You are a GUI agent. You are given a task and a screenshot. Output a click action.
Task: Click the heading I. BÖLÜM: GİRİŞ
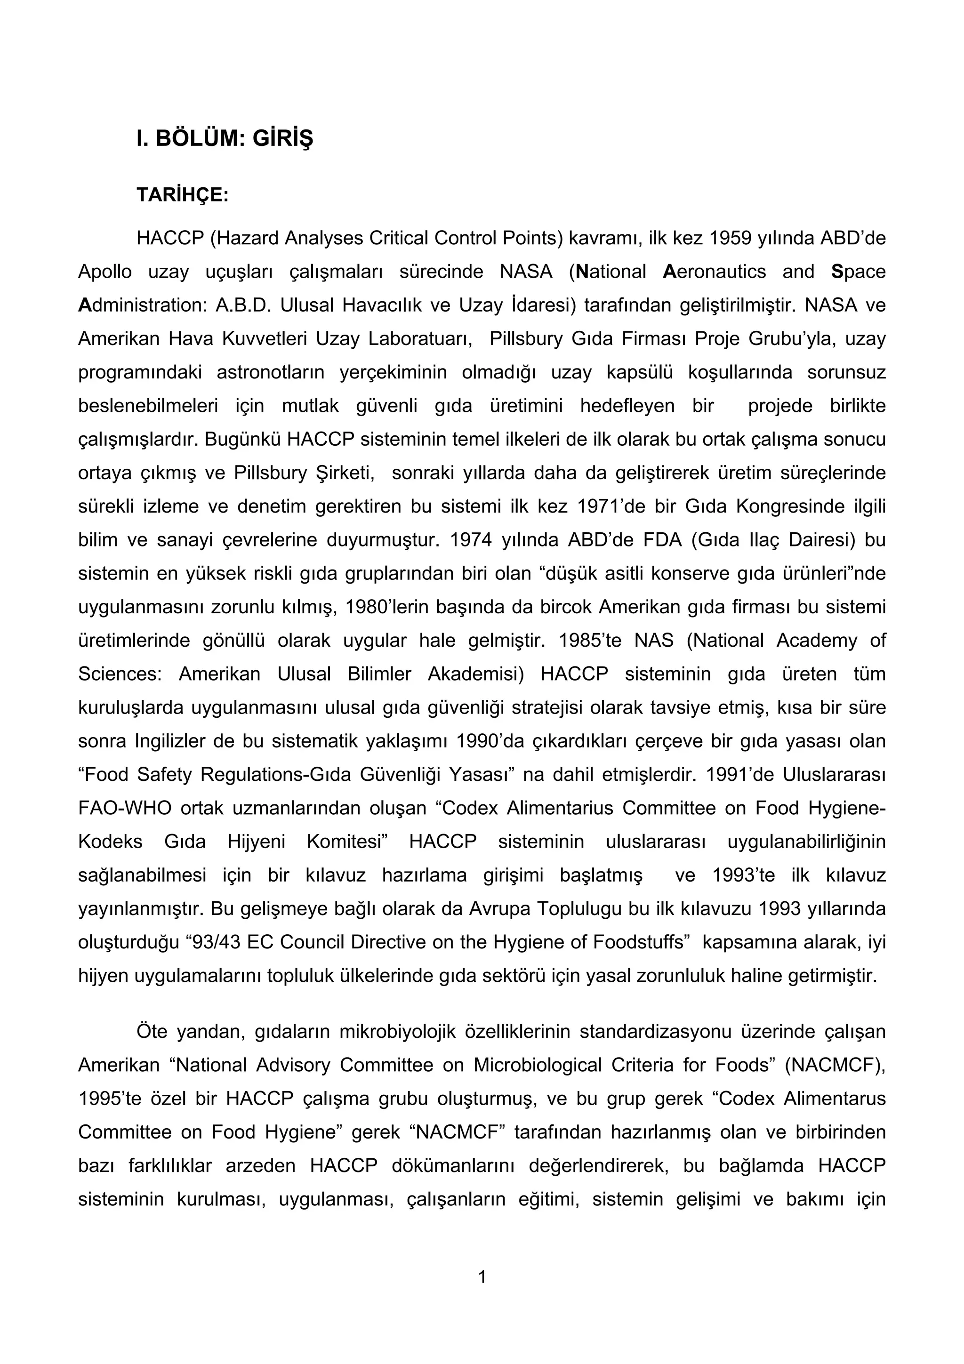point(224,138)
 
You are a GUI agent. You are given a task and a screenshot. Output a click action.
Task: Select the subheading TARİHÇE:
point(182,195)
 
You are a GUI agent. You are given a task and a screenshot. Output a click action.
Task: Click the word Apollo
point(104,272)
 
